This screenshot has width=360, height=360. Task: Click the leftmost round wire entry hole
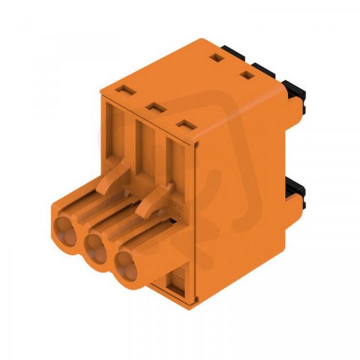pos(65,231)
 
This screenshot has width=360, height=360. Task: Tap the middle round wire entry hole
pos(96,249)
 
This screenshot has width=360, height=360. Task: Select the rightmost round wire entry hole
pos(127,265)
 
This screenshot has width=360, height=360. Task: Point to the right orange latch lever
pos(154,199)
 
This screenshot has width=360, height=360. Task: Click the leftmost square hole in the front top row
pos(127,90)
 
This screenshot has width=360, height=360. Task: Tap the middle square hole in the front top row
pos(157,107)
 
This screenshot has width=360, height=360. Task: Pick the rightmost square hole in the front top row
pos(186,125)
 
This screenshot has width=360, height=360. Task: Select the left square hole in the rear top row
pos(217,58)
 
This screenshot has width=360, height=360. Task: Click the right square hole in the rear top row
pos(247,75)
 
